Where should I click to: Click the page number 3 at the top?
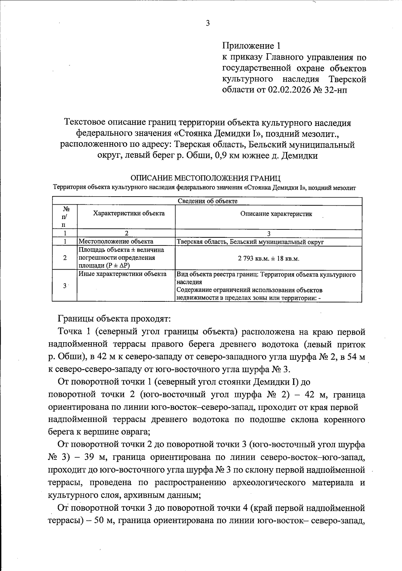[x=208, y=23]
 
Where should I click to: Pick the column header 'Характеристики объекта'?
[x=129, y=213]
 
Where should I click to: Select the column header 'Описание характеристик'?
[x=276, y=214]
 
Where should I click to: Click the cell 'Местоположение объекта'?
[x=116, y=241]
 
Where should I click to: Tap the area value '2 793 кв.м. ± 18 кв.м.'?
[x=268, y=259]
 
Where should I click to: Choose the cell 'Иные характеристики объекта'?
[x=122, y=274]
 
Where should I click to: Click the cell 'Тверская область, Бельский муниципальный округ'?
[x=250, y=242]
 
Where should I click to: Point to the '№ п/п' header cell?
[x=64, y=217]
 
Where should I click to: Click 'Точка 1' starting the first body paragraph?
[x=74, y=332]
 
